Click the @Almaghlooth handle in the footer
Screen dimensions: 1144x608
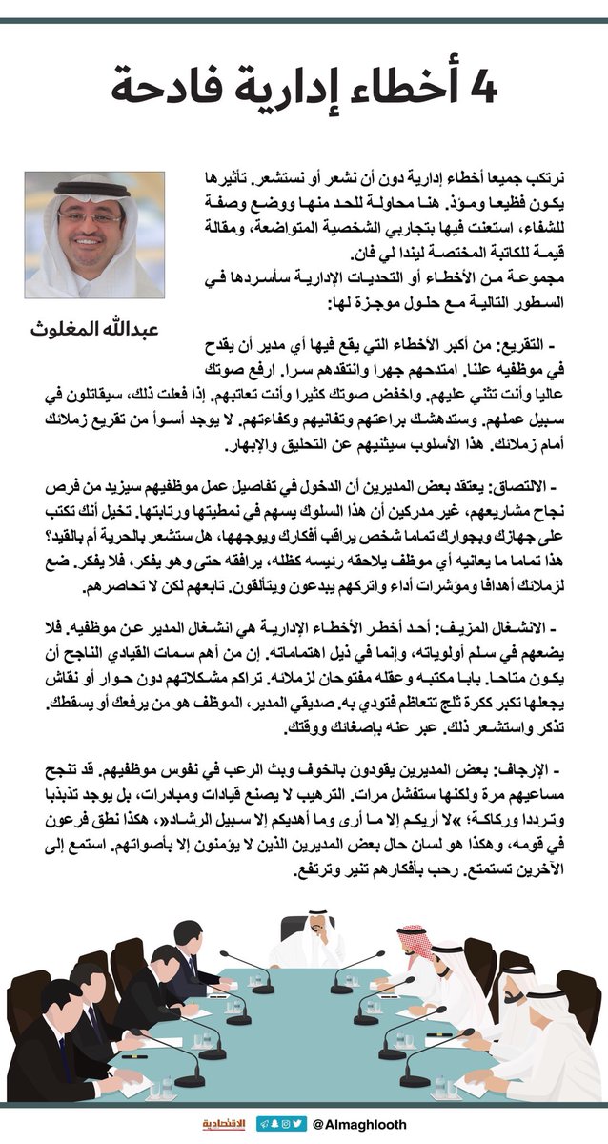click(358, 1125)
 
